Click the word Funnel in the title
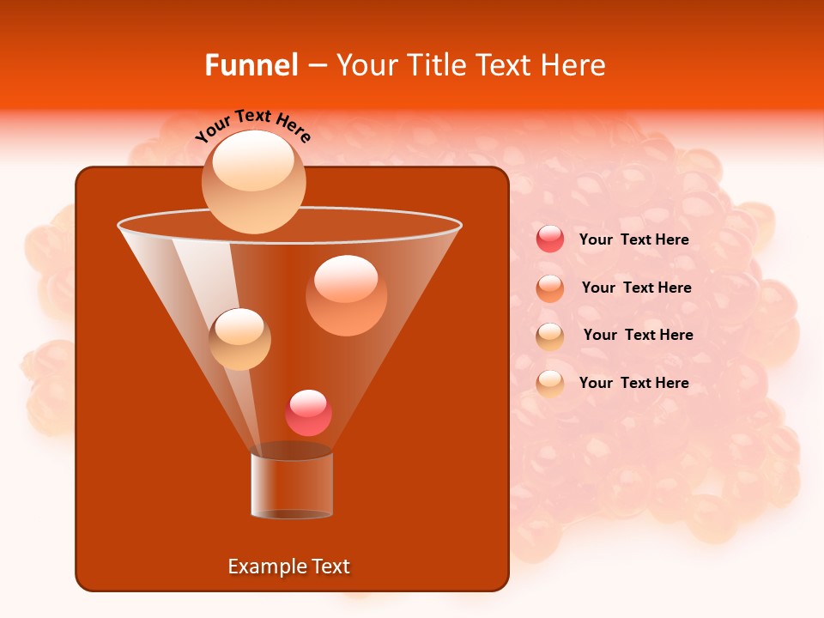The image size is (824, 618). (x=251, y=65)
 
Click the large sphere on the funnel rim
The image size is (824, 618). (x=253, y=181)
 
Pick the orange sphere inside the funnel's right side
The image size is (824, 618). (x=346, y=295)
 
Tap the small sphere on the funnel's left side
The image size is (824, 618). (x=239, y=338)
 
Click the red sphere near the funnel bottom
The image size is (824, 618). (x=308, y=413)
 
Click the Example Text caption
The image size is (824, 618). (x=288, y=566)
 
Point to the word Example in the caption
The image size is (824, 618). (x=260, y=566)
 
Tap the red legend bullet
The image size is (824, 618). (x=550, y=239)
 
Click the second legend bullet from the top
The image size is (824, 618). (x=550, y=288)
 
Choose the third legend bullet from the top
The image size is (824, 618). (x=550, y=336)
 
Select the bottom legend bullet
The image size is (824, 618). (x=550, y=383)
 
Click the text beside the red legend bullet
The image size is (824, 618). (x=633, y=239)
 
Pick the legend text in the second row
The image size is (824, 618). (x=636, y=288)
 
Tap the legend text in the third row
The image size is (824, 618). (x=638, y=335)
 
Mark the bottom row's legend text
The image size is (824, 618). (x=633, y=383)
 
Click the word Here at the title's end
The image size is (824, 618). (x=574, y=65)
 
